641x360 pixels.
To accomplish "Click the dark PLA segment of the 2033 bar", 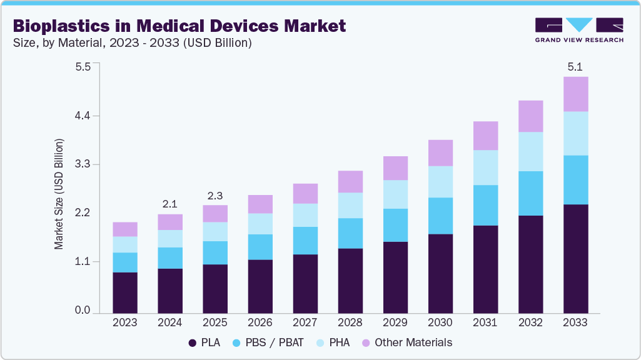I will point(575,258).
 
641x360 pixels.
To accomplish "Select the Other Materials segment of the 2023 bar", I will point(125,229).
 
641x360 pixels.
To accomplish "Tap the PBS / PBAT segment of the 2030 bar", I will point(440,216).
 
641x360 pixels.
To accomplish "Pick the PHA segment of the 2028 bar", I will point(350,205).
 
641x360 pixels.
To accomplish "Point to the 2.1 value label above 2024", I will point(170,203).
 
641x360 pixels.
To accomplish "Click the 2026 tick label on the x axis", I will point(260,323).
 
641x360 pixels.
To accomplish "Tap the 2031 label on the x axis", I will point(485,323).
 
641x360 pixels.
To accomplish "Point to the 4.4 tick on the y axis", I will point(83,116).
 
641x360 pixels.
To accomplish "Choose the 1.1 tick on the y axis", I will point(83,262).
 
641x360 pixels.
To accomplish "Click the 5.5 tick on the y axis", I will point(83,66).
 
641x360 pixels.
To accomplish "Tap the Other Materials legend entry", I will point(406,342).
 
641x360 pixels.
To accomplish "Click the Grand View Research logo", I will point(579,30).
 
